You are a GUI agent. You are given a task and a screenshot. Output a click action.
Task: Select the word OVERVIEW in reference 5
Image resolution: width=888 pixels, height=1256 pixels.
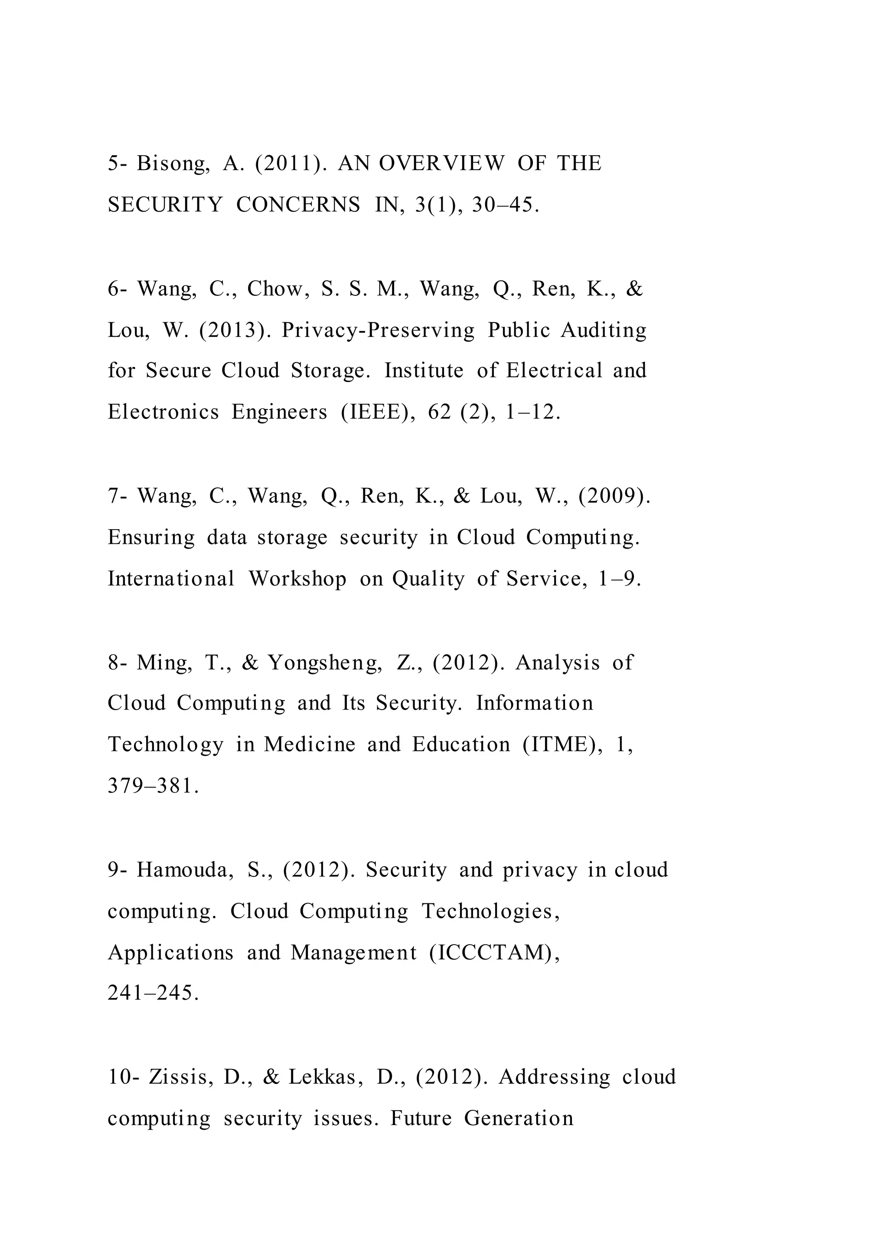click(441, 164)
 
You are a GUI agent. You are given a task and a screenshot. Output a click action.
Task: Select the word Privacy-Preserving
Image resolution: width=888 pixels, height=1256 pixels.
click(379, 330)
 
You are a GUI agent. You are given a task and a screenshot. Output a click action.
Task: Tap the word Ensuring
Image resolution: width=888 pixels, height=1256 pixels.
click(151, 538)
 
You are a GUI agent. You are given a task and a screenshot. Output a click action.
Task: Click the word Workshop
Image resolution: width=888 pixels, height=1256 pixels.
click(297, 579)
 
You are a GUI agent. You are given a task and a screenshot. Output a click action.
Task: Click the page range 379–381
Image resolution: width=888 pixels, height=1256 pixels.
click(153, 787)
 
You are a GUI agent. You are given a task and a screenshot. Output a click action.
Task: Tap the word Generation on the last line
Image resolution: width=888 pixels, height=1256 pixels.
click(519, 1118)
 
